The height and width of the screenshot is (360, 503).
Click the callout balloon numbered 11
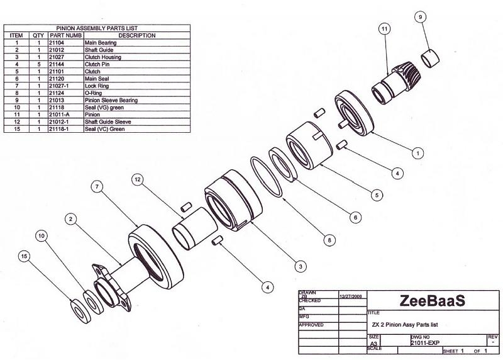(x=385, y=28)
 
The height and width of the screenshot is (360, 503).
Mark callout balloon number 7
(x=97, y=187)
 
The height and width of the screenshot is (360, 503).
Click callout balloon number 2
(x=71, y=219)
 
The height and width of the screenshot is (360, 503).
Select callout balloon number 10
(x=41, y=235)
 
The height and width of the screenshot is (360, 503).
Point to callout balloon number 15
(x=25, y=256)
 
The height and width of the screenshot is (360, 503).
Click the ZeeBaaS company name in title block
(x=432, y=301)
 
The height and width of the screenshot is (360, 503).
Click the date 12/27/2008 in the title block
(x=350, y=295)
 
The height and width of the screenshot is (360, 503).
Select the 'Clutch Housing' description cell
(x=107, y=57)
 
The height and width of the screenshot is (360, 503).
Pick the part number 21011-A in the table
(x=59, y=115)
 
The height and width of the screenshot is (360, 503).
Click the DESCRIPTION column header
(x=136, y=36)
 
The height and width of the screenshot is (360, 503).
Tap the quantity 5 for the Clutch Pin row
(x=39, y=65)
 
